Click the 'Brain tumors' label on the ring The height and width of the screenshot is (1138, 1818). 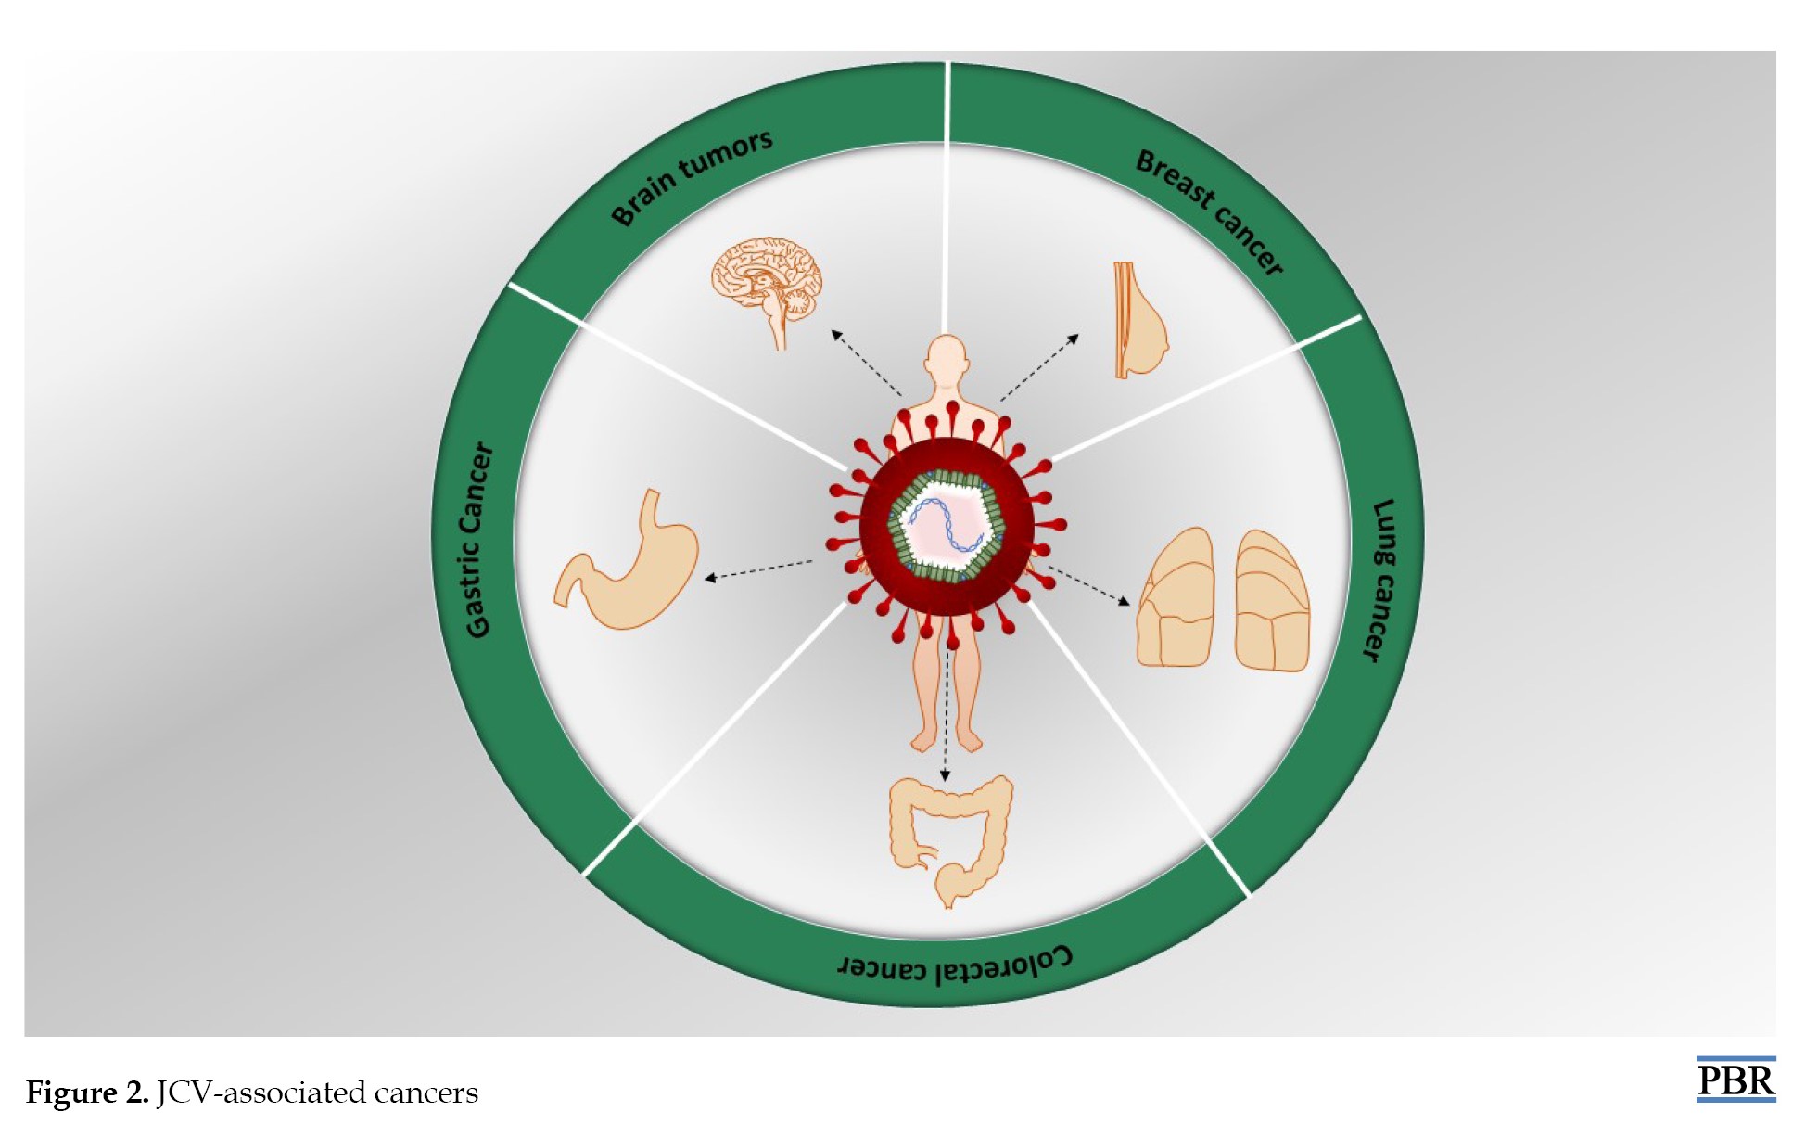[x=692, y=177]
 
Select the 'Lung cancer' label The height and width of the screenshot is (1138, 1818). [x=1382, y=581]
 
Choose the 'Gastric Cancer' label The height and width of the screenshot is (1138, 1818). [x=478, y=541]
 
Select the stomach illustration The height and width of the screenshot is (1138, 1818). [x=627, y=560]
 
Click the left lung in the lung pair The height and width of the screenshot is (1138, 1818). [x=1176, y=597]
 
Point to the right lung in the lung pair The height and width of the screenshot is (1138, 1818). [x=1272, y=600]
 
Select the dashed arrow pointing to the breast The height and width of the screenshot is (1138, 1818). [x=1039, y=367]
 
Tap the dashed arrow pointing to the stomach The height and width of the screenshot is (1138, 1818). [x=758, y=569]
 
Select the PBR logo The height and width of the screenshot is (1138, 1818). [x=1735, y=1080]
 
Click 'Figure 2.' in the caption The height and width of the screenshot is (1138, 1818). [x=87, y=1093]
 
